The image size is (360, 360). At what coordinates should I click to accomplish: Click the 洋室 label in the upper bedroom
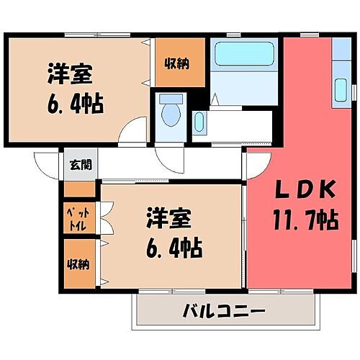point(71,74)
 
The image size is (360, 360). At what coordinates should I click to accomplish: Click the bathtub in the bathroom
point(245,53)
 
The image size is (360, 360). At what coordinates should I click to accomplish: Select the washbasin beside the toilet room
point(199,124)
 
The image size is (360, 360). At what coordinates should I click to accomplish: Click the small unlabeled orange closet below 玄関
point(79,189)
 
